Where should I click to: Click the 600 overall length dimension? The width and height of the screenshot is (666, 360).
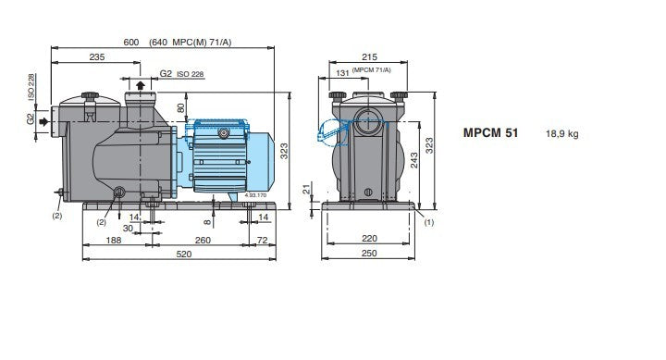(x=131, y=42)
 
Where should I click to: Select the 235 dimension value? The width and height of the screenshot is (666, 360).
(x=97, y=57)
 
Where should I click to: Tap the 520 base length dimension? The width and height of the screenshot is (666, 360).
(x=183, y=254)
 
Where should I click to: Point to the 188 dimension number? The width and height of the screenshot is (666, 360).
(x=114, y=240)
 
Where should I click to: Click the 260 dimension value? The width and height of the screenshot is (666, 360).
(x=203, y=240)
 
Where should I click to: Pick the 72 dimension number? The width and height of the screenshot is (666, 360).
(x=263, y=240)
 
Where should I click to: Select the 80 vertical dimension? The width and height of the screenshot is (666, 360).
(x=181, y=108)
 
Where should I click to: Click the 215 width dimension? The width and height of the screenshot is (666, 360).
(x=369, y=57)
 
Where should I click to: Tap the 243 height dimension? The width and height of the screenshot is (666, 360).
(x=413, y=160)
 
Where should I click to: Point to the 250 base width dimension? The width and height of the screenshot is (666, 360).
(x=369, y=254)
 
